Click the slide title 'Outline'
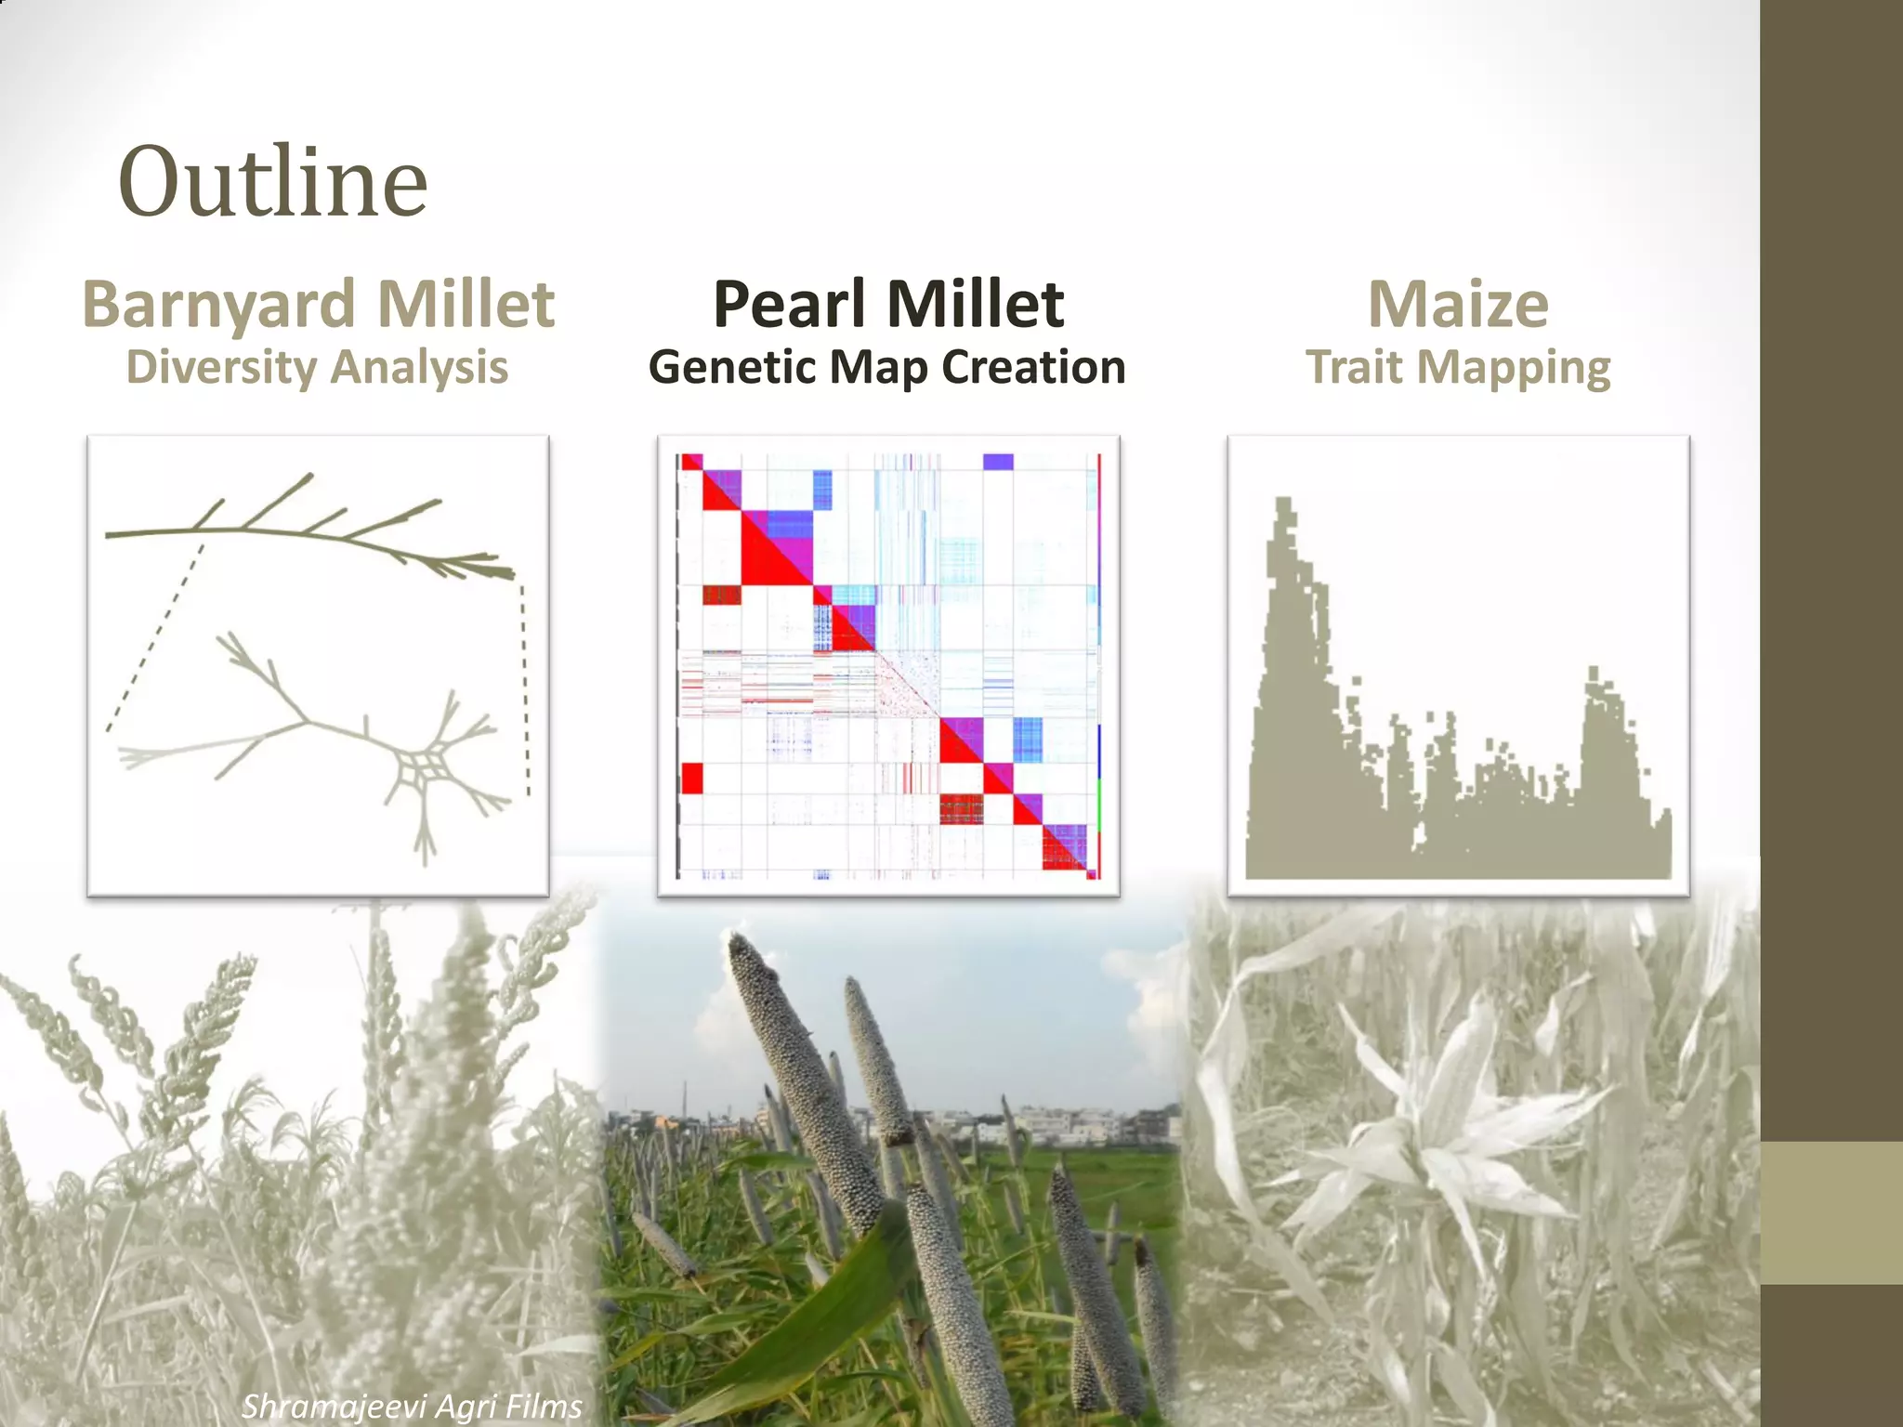tap(272, 182)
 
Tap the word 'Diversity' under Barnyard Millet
tap(221, 367)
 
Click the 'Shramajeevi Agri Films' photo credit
tap(412, 1406)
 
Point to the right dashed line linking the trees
tap(525, 687)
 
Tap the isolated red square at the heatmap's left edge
tap(691, 778)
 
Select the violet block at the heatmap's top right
tap(998, 462)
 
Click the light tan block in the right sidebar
tap(1831, 1212)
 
